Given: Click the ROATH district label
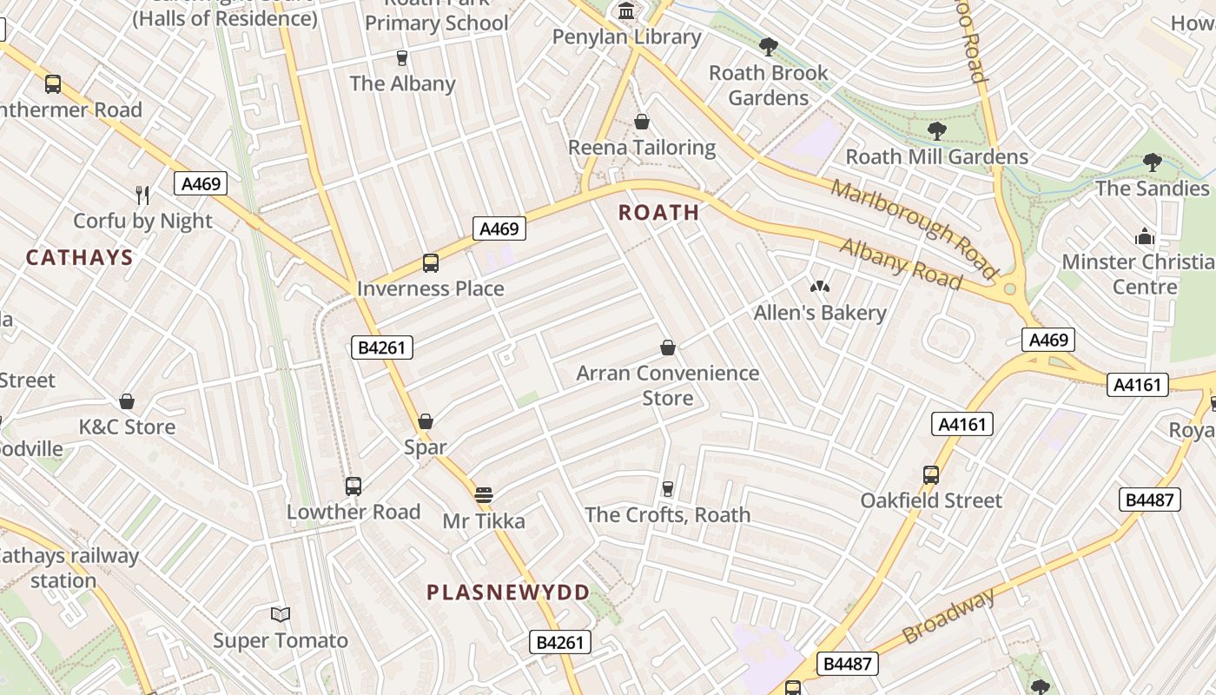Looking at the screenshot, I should (x=658, y=212).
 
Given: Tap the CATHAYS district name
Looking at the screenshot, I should (x=79, y=257).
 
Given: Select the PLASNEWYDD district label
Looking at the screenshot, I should (x=508, y=592).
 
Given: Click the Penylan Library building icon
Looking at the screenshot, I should (x=625, y=11).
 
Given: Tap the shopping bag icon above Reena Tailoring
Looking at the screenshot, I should (x=642, y=122).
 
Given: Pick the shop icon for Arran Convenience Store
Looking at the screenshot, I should (x=668, y=347).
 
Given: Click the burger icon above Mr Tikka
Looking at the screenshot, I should (x=484, y=496).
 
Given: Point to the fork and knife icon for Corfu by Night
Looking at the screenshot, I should (x=142, y=195).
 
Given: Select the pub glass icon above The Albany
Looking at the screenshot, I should (x=401, y=58).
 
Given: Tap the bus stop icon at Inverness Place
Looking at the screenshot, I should (x=430, y=262).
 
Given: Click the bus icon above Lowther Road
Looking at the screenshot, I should (x=353, y=486).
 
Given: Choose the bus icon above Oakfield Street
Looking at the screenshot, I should (x=931, y=475).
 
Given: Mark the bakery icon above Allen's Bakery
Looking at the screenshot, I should (x=819, y=287).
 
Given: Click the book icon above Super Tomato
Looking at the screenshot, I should (x=280, y=615).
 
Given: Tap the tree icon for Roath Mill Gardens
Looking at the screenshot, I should (x=936, y=131).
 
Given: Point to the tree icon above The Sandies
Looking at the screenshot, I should (x=1152, y=162).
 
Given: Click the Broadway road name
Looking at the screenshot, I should (x=948, y=616).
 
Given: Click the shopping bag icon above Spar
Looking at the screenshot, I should (x=426, y=421).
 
